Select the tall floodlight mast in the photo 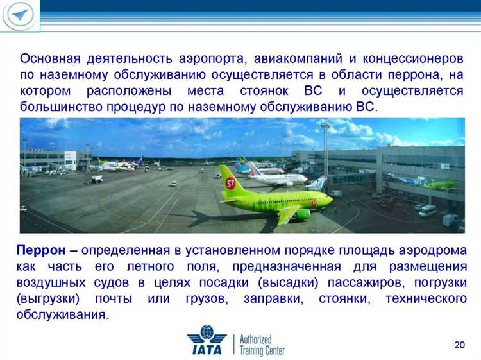pos(325,151)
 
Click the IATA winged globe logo pos(207,341)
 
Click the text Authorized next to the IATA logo pos(256,338)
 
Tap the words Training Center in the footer pos(262,350)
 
